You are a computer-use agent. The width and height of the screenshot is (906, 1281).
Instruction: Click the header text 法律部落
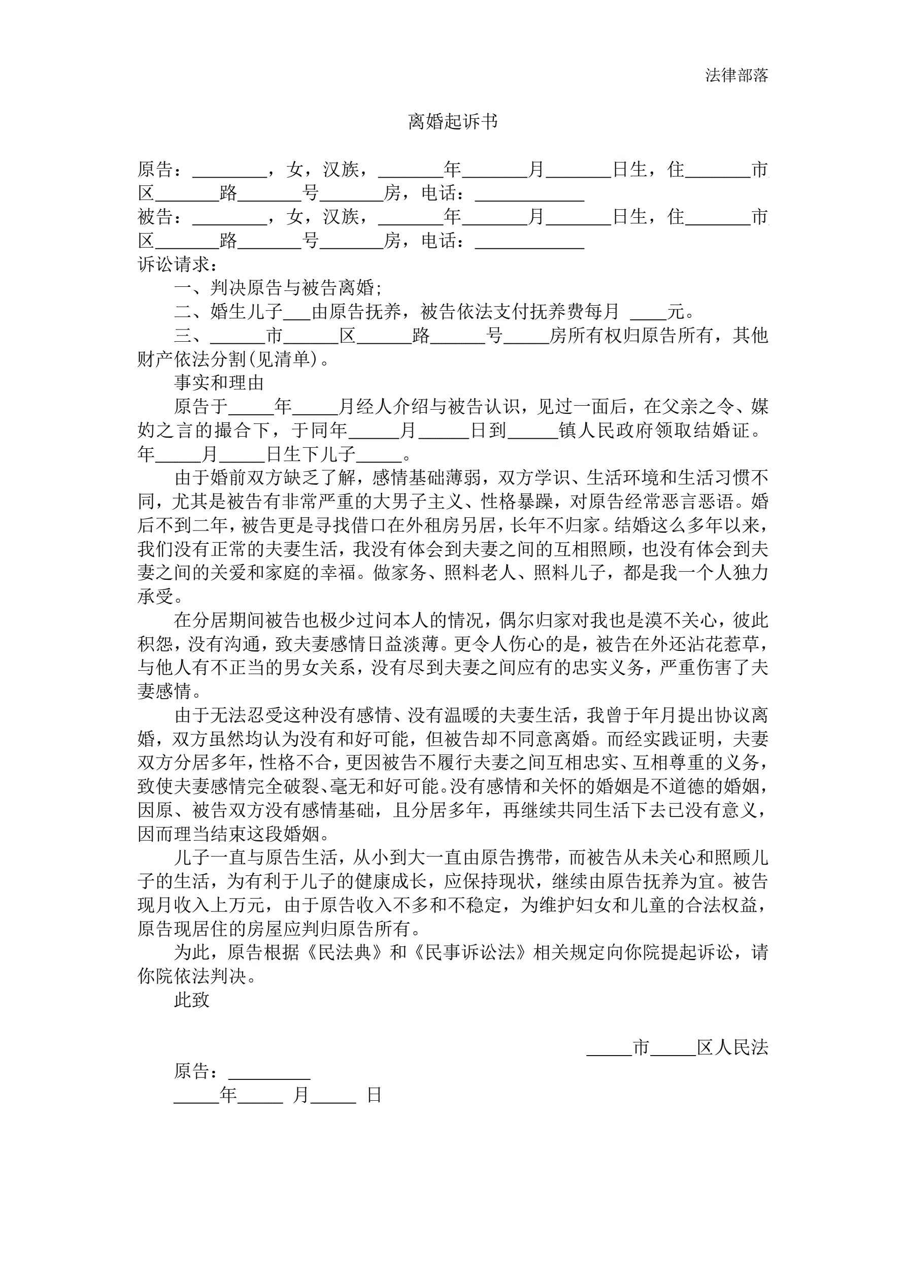coord(736,75)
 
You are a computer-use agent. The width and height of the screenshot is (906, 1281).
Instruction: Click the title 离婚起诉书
coord(452,122)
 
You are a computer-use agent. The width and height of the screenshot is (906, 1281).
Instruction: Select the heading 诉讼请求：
coord(178,264)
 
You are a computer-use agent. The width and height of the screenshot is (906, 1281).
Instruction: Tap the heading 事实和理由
coord(219,382)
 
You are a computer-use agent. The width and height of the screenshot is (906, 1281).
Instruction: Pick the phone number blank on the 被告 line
coord(529,242)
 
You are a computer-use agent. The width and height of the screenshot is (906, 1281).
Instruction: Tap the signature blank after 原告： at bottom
coord(269,1072)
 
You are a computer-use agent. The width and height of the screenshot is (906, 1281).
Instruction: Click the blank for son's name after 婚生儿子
coord(297,313)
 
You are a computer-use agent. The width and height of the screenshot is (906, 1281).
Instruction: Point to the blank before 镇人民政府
coord(532,431)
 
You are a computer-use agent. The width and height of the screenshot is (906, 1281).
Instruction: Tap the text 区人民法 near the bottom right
coord(732,1047)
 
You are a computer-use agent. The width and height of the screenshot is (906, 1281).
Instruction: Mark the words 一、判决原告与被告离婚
coord(278,288)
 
